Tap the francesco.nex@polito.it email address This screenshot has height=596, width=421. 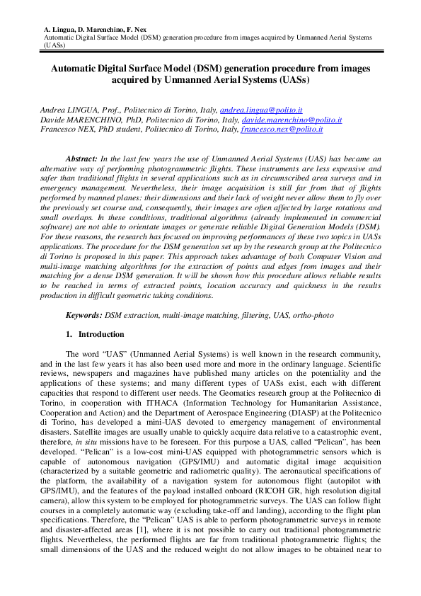282,130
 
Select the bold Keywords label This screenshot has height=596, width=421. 84,314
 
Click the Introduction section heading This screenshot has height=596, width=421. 101,334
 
